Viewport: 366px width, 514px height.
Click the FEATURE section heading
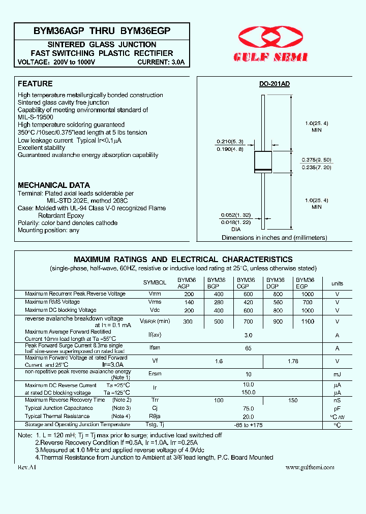click(35, 84)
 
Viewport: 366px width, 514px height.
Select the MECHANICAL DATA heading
click(54, 185)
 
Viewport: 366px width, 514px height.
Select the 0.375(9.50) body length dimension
click(316, 159)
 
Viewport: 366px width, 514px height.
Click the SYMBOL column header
click(155, 283)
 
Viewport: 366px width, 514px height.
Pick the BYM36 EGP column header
click(306, 283)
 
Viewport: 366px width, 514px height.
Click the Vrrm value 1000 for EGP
click(307, 294)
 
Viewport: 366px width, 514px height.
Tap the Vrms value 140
click(189, 302)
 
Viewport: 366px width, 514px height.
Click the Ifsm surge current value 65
click(248, 348)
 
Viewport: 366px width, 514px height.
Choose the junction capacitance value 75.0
click(248, 408)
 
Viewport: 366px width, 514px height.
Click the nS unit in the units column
click(337, 400)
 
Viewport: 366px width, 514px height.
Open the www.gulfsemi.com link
click(310, 467)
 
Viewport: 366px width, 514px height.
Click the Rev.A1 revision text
click(26, 467)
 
